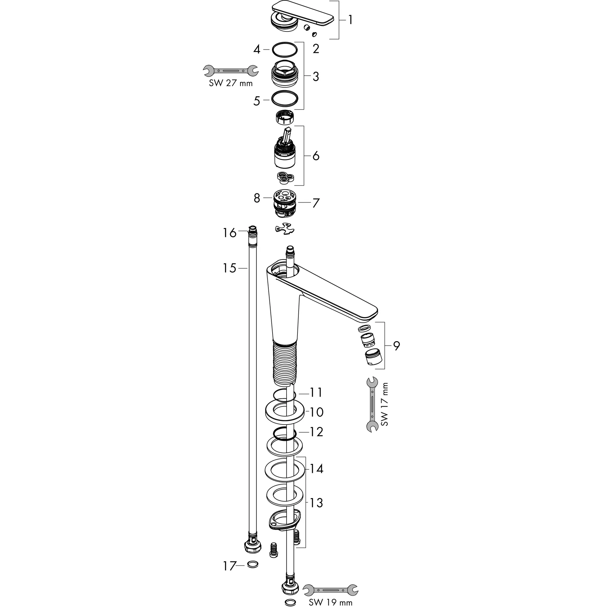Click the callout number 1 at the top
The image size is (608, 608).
click(350, 20)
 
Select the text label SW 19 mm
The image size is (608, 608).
click(330, 602)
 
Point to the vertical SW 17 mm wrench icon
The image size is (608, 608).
click(373, 404)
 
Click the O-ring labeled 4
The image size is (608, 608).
click(284, 49)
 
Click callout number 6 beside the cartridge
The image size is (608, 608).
click(316, 156)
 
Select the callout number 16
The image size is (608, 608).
click(229, 233)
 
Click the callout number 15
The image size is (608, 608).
click(229, 268)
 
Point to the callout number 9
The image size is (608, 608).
click(397, 346)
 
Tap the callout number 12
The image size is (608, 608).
click(316, 432)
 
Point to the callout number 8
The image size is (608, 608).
click(257, 198)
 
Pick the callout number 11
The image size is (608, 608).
click(316, 392)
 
